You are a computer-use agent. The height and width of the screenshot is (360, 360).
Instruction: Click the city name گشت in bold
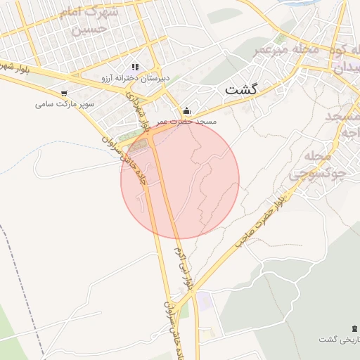pos(241,90)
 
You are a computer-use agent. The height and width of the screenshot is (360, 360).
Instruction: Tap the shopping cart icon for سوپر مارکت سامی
pos(65,93)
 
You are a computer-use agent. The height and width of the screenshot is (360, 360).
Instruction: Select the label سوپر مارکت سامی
pos(65,105)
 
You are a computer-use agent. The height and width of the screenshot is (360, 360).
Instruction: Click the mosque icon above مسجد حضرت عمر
pos(186,110)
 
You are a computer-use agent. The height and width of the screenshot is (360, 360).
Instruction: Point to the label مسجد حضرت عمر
pos(187,122)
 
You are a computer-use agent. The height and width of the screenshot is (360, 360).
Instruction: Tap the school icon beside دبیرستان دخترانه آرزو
pos(135,67)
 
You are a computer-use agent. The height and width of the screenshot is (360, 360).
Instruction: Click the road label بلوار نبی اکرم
pos(178,269)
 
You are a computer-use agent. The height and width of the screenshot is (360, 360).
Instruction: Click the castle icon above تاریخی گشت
pos(352,328)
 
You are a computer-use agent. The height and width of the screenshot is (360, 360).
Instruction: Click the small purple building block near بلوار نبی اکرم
pos(204,302)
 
